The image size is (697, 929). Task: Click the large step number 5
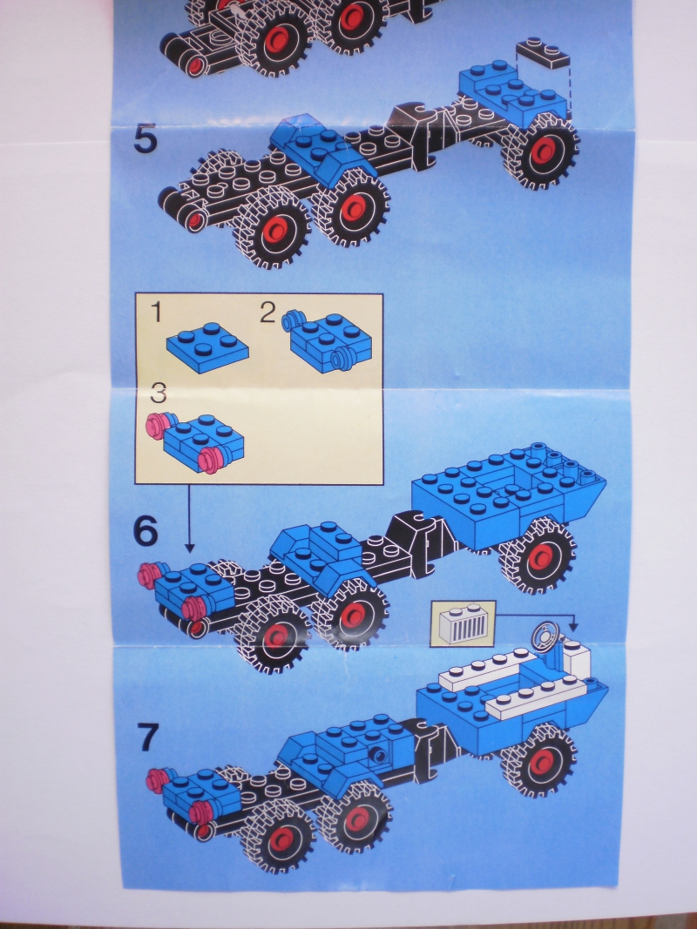pos(145,138)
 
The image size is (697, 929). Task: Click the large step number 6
pos(145,530)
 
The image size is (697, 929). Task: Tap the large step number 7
pos(148,737)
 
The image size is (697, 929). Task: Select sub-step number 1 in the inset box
pos(157,313)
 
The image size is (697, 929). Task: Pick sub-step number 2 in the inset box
pos(267,313)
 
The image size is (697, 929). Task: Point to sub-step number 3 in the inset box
pos(159,392)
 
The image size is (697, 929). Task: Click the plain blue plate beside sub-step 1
pos(207,347)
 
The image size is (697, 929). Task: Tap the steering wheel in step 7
pos(546,637)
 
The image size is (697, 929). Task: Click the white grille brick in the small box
pos(466,624)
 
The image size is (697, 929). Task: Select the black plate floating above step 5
pos(542,53)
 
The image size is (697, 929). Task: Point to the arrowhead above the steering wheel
pos(573,626)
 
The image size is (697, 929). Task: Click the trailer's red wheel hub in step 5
pos(544,151)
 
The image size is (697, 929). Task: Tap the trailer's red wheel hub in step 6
pos(540,557)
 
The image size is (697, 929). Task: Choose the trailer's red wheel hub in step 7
pos(542,761)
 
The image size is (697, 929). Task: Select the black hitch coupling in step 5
pos(422,135)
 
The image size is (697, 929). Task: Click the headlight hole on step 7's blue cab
pos(377,754)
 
